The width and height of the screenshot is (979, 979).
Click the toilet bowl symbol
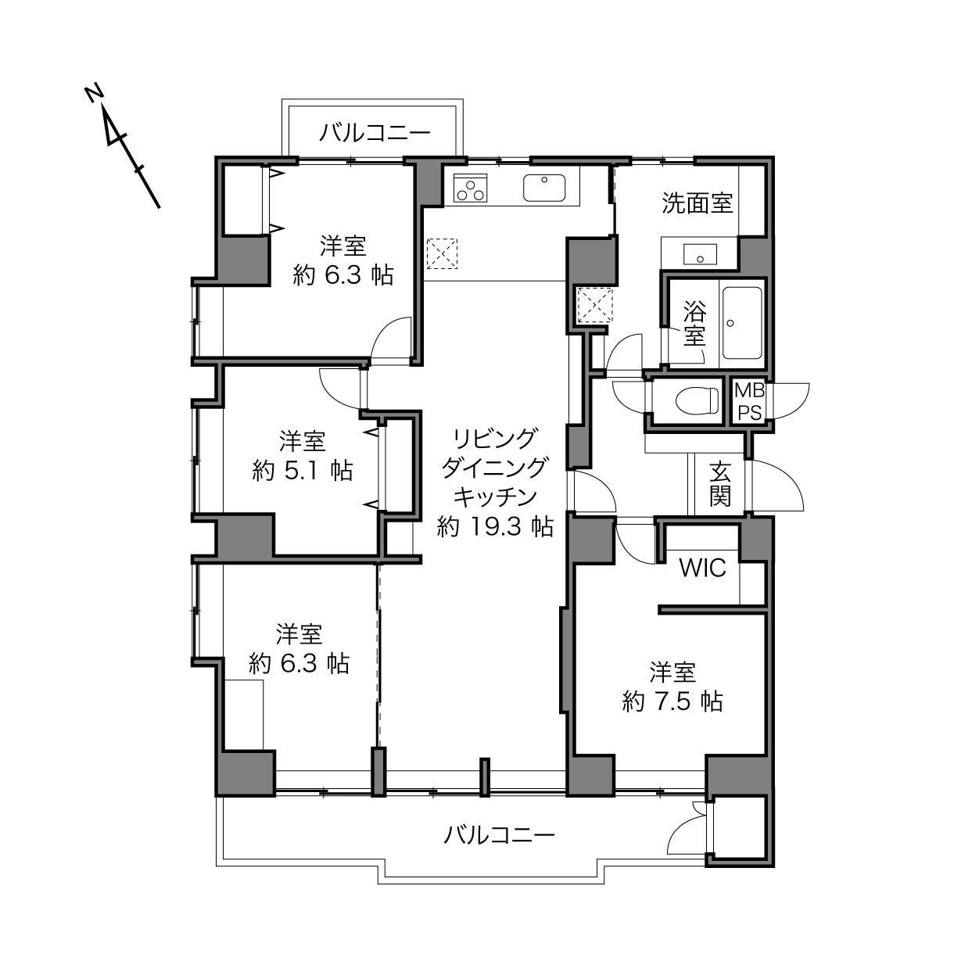(x=697, y=401)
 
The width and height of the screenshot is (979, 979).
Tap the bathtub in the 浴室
(x=742, y=323)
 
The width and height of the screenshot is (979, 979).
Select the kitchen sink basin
(x=544, y=188)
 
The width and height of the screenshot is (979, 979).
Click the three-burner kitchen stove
(x=471, y=188)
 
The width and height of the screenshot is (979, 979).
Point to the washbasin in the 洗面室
(x=700, y=254)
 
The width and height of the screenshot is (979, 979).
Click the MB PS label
(x=749, y=402)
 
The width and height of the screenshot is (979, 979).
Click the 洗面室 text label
(x=697, y=203)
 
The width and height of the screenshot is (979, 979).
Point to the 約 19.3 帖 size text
(x=495, y=526)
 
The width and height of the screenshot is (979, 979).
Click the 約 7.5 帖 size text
(x=672, y=702)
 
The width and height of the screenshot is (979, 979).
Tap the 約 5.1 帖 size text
(x=303, y=471)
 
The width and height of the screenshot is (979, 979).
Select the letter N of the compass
(x=94, y=95)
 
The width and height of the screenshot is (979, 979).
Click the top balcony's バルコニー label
(x=375, y=133)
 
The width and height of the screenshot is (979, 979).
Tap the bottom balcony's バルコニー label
(x=500, y=834)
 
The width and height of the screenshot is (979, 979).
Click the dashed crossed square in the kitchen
(x=442, y=253)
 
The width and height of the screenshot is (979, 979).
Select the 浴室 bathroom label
(x=694, y=323)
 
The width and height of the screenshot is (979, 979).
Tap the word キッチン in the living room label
(x=495, y=497)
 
